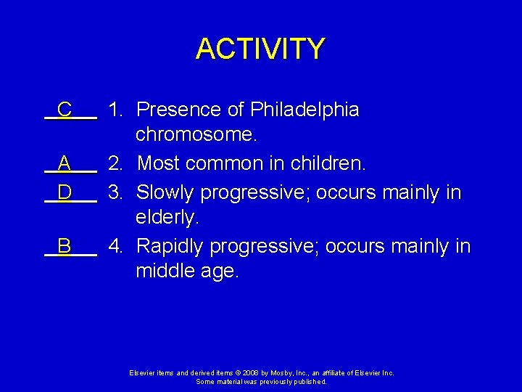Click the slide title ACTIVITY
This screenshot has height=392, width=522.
tap(260, 49)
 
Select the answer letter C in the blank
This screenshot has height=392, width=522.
tap(65, 110)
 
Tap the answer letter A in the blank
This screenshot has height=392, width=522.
tap(65, 164)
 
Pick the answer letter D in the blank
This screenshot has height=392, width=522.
tap(65, 192)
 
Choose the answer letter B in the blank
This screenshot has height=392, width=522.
tap(65, 246)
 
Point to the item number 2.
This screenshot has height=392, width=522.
tap(115, 164)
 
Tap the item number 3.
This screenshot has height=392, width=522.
tap(115, 192)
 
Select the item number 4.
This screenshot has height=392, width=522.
tap(115, 246)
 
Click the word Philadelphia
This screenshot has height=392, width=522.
tap(304, 110)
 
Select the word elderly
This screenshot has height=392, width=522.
tap(167, 218)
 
